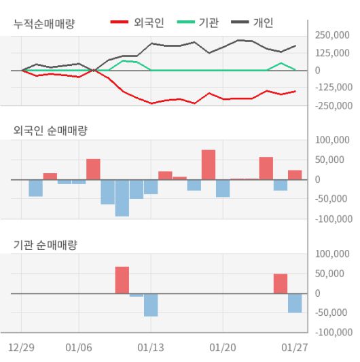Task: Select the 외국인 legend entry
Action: (x=142, y=23)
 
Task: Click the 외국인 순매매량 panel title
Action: (x=50, y=130)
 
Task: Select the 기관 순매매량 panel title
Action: (x=45, y=245)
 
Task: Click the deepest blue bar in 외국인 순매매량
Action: (x=122, y=198)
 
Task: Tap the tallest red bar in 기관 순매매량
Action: (x=122, y=280)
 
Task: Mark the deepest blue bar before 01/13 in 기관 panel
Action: (x=151, y=305)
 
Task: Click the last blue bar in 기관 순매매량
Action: (x=295, y=303)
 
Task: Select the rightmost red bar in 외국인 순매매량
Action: (x=295, y=175)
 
